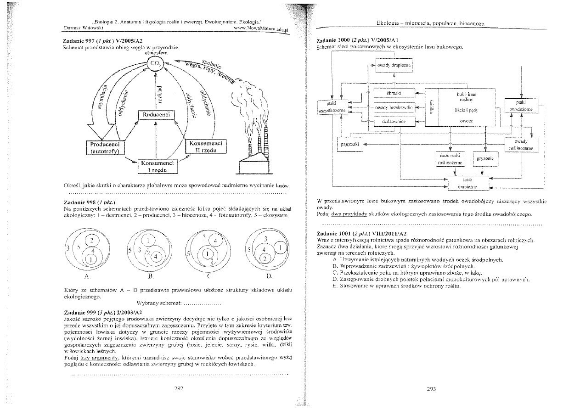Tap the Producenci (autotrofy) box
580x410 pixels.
(104, 147)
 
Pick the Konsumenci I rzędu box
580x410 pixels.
(157, 166)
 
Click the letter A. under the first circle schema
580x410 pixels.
(87, 276)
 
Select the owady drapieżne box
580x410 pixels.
(394, 66)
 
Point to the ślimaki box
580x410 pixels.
(394, 93)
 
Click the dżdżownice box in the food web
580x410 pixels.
(394, 122)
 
